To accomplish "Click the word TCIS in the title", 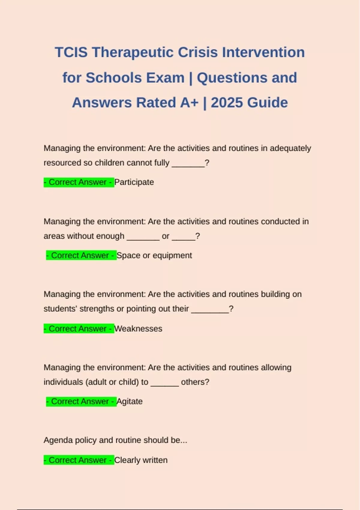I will (x=71, y=52).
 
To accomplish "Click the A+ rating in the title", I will (x=189, y=103).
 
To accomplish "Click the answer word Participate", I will (x=134, y=182).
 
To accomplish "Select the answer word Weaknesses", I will (x=138, y=328).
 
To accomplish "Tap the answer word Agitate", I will (x=130, y=401).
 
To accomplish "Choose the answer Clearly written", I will (x=141, y=460).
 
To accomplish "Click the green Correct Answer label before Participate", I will (x=79, y=182).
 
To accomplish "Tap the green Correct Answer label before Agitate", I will (x=81, y=401).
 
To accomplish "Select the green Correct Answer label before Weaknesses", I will (x=79, y=328).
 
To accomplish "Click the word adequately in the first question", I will (x=290, y=148).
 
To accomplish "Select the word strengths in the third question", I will (x=97, y=309).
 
